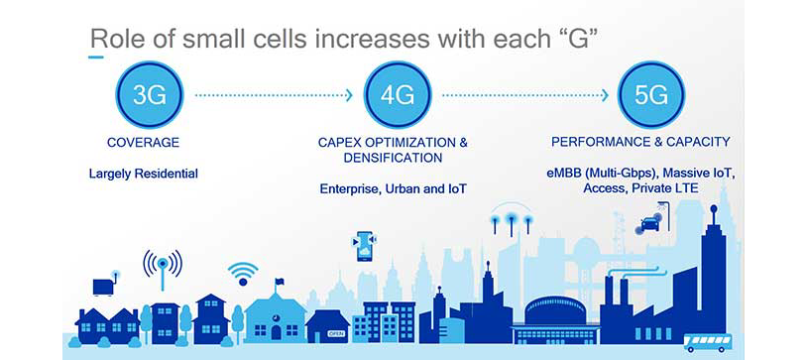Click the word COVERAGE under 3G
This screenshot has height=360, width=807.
click(x=143, y=143)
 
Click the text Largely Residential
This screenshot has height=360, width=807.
click(x=143, y=174)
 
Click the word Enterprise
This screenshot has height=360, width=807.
click(x=350, y=188)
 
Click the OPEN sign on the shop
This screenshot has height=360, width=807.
click(x=335, y=334)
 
